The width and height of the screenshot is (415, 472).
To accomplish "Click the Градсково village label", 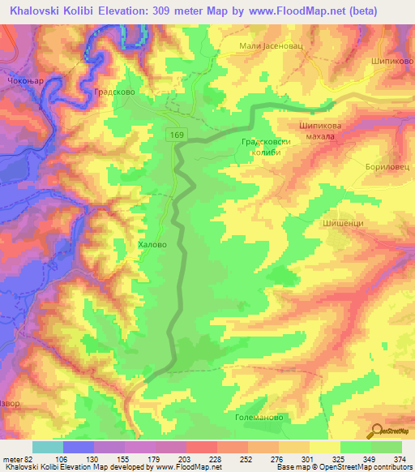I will tap(113, 92).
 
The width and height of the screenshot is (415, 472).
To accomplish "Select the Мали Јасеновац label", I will tap(271, 45).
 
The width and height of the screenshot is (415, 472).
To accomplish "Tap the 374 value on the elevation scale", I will tap(400, 458).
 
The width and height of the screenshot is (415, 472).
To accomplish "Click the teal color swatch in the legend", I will tap(48, 447).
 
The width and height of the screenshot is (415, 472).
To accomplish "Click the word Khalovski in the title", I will tap(38, 11).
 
